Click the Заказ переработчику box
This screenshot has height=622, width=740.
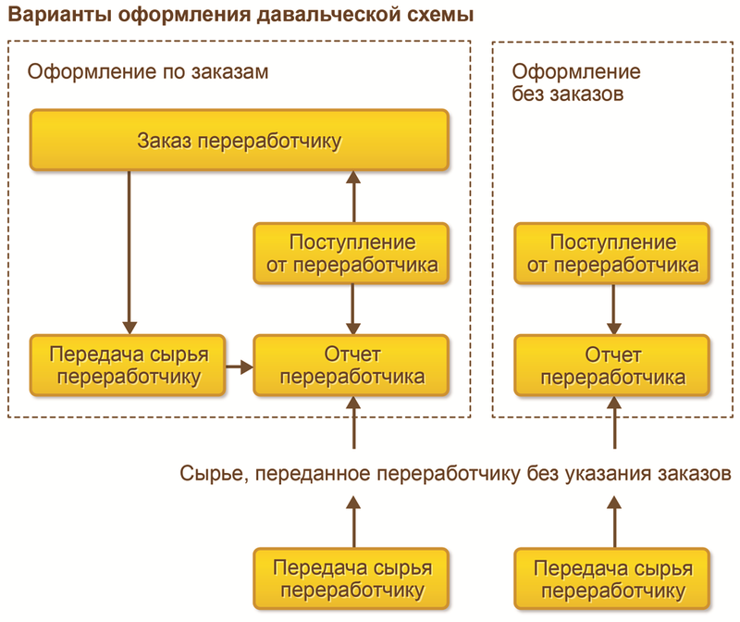tap(240, 141)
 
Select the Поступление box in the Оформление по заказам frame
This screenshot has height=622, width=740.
tap(352, 255)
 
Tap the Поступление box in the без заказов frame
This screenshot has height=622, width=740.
tap(612, 255)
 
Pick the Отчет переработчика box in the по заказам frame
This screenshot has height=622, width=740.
tap(352, 366)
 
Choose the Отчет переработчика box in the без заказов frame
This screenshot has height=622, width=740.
tap(612, 366)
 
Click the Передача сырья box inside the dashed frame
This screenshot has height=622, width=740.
tap(129, 366)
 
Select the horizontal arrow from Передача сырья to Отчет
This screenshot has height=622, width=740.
tap(240, 367)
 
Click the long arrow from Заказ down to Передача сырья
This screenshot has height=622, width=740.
tap(129, 250)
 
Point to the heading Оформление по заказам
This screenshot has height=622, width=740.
tap(148, 72)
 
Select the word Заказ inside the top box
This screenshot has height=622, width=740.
tap(166, 141)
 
